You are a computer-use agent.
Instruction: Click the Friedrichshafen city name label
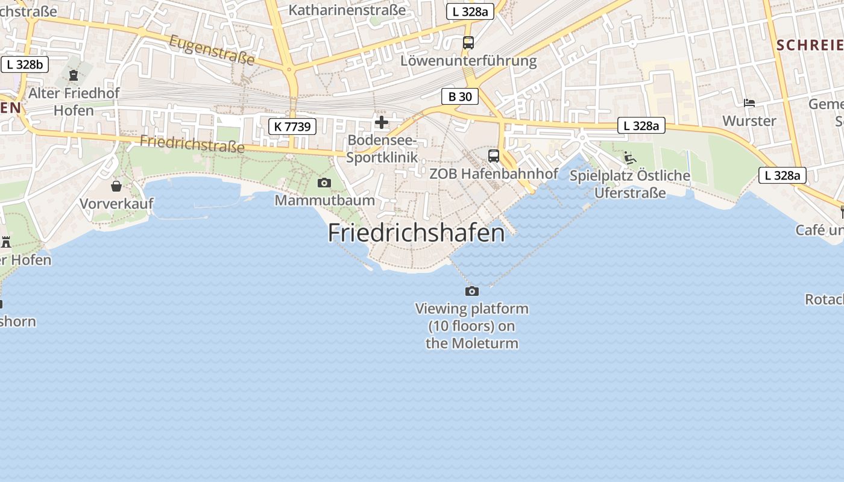pos(416,233)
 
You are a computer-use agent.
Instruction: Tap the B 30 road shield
pos(460,96)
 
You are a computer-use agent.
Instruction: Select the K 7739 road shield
pos(292,127)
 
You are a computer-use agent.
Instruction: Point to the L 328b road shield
pos(25,64)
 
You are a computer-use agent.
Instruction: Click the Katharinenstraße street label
pos(347,10)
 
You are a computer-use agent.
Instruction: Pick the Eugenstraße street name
pos(212,49)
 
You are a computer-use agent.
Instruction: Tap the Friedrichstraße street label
pos(192,143)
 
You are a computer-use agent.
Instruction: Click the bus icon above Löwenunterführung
pos(468,43)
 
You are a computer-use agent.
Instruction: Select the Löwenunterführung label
pos(468,61)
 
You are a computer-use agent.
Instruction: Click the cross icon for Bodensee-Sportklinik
pos(382,123)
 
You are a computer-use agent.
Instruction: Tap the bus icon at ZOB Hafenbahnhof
pos(494,156)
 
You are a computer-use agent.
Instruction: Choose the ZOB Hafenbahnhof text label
pos(494,174)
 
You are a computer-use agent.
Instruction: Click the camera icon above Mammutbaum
pos(324,183)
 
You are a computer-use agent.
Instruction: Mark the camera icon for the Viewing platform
pos(472,292)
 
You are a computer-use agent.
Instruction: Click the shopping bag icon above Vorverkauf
pos(116,186)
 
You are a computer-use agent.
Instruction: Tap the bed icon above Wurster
pos(749,103)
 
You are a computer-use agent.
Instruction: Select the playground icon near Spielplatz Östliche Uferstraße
pos(630,158)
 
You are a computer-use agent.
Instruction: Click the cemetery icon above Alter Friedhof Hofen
pos(74,75)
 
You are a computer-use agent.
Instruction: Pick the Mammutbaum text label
pos(324,200)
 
